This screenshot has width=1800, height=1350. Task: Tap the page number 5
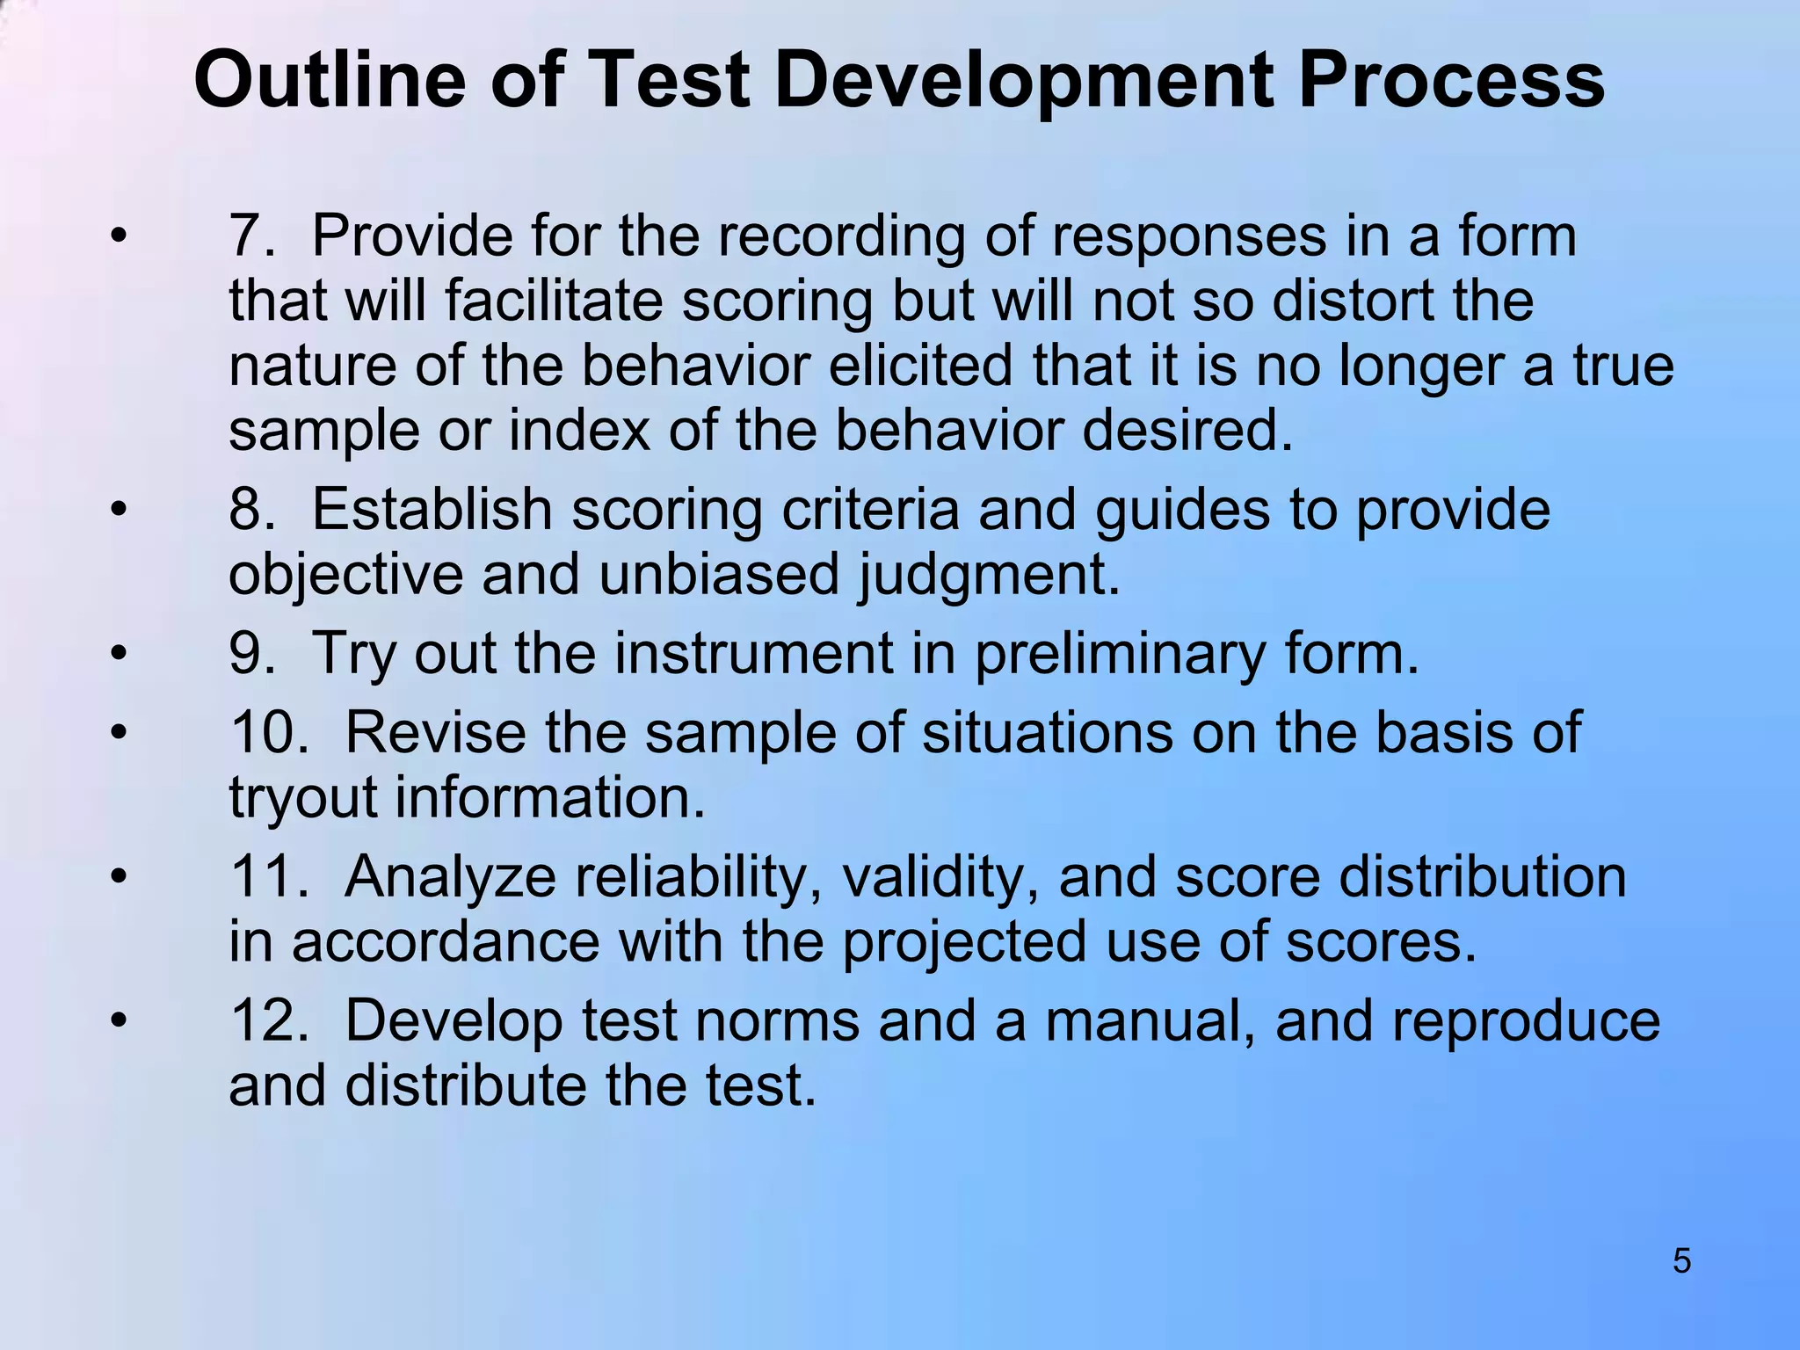(x=1681, y=1261)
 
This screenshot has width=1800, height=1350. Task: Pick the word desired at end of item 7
(x=1187, y=431)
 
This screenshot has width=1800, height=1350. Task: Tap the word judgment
(x=989, y=576)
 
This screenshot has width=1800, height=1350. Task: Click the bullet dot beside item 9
(x=119, y=654)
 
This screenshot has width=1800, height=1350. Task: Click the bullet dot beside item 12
(x=119, y=1021)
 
